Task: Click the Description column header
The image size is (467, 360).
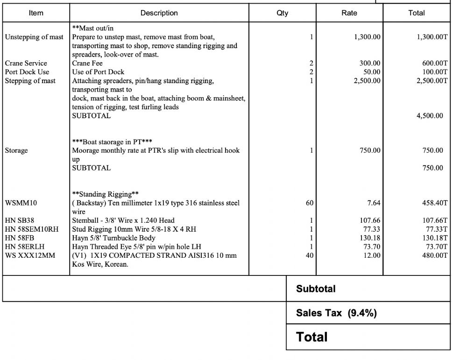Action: tap(159, 13)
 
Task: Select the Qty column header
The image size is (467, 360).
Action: tap(282, 13)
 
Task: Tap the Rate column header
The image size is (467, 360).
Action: tap(349, 13)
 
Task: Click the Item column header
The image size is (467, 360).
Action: tap(36, 13)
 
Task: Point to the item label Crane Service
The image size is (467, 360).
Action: tap(26, 63)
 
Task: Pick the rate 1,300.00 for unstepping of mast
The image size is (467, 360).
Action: tap(367, 37)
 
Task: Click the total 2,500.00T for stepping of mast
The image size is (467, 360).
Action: tap(432, 81)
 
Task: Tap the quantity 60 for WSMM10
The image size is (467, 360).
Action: tap(310, 203)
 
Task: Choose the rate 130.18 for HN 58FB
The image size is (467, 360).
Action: tap(369, 238)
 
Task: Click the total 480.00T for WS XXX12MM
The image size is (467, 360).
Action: tap(435, 255)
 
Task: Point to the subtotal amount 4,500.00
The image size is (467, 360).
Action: tap(430, 116)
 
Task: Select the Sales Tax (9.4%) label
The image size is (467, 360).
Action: tap(336, 313)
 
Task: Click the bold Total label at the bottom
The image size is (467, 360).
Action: tap(312, 337)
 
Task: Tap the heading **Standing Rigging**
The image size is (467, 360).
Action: tap(105, 194)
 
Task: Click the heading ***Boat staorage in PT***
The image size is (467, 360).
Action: tap(112, 141)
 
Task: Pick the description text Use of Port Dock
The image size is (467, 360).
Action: tap(98, 72)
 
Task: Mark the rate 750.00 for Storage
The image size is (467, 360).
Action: tap(369, 150)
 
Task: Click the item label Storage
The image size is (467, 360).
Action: tap(16, 150)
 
